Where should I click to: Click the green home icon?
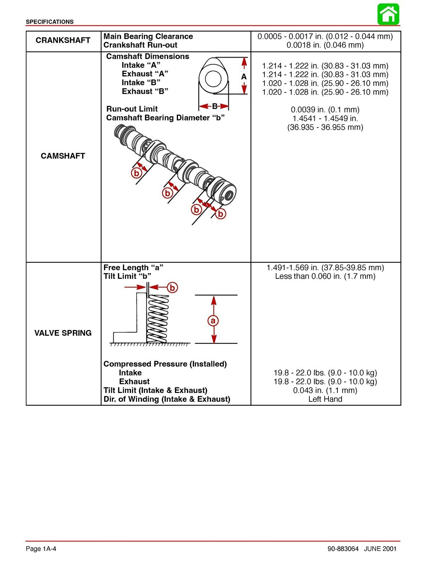(x=388, y=14)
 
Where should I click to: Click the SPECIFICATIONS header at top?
(x=50, y=22)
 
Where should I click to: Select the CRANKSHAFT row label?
(x=63, y=41)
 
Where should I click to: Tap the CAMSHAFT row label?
(x=63, y=156)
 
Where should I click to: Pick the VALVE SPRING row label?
(x=63, y=333)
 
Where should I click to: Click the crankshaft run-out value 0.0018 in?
(x=325, y=45)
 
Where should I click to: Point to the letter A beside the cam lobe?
(x=244, y=76)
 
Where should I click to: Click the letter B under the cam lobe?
(x=215, y=106)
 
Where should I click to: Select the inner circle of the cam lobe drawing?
(x=213, y=79)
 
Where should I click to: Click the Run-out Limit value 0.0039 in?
(x=325, y=110)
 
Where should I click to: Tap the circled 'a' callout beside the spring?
(x=213, y=321)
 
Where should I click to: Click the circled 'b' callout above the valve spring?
(x=172, y=287)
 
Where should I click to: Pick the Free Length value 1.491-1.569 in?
(x=325, y=267)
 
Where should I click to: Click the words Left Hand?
(x=325, y=399)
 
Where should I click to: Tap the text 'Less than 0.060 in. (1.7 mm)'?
(x=325, y=276)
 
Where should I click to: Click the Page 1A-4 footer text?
(x=41, y=549)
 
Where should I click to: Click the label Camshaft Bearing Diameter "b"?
(x=165, y=118)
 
